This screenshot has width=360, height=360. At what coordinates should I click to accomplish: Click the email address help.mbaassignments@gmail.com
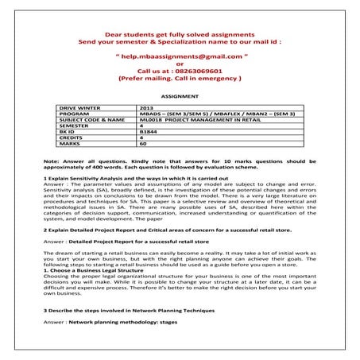[x=179, y=57]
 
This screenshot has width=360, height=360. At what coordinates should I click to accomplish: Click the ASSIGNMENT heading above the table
[x=179, y=94]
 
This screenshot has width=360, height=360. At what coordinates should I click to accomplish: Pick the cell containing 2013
[x=146, y=106]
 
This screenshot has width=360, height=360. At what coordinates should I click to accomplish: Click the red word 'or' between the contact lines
[x=179, y=64]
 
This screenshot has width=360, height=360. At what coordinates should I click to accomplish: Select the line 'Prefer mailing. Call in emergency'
[x=179, y=79]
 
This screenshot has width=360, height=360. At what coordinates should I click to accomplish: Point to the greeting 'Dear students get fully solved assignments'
[x=179, y=34]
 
